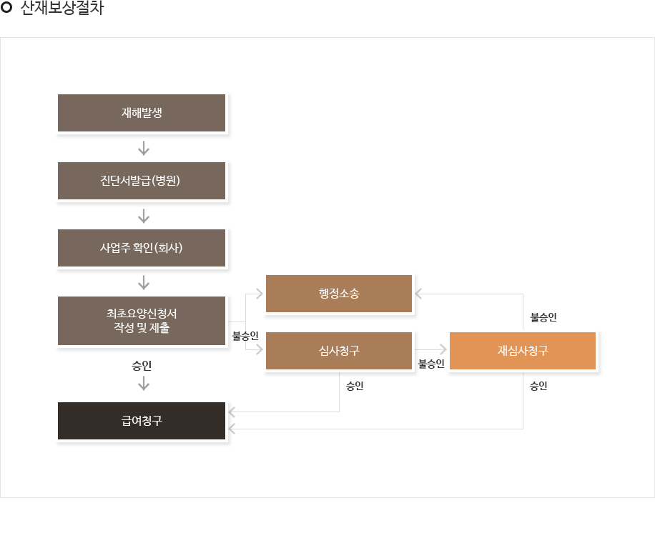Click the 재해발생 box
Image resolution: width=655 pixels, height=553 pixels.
[142, 113]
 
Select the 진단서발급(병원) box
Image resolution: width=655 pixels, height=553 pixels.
[142, 181]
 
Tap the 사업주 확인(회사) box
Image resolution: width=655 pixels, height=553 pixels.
[142, 248]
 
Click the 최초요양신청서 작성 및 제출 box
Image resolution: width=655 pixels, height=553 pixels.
[142, 321]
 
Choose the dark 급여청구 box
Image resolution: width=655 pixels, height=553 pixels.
[142, 421]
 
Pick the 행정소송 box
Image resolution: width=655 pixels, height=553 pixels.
[339, 294]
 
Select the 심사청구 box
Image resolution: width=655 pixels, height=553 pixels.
[339, 351]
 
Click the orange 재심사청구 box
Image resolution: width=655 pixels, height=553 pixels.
[523, 351]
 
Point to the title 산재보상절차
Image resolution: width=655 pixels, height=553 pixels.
[61, 8]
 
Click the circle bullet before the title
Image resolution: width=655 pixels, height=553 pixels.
[6, 7]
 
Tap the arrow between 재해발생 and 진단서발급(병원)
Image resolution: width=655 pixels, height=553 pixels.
[144, 148]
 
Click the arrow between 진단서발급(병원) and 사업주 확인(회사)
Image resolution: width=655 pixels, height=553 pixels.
[144, 216]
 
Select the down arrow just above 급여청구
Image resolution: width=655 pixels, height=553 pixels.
[144, 383]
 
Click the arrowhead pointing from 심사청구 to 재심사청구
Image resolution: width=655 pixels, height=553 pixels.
[443, 350]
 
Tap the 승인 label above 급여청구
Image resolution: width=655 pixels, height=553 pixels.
[142, 366]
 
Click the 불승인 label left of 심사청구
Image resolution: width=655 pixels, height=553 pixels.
[245, 336]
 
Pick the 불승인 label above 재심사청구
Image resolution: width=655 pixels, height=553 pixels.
[543, 317]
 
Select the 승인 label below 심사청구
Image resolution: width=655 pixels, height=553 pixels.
[355, 386]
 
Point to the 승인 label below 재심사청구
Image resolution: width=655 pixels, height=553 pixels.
[538, 386]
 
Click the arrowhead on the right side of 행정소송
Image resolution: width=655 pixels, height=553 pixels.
[418, 294]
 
